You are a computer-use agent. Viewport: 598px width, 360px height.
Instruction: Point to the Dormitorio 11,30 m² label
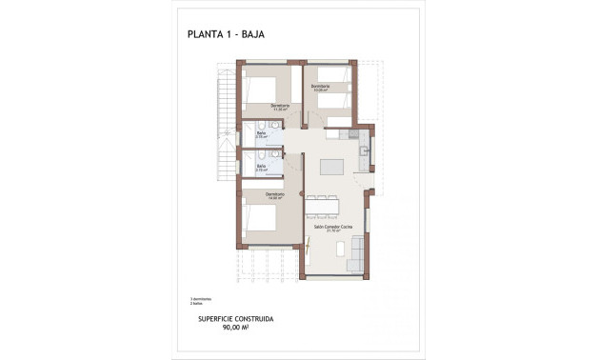(x=279, y=106)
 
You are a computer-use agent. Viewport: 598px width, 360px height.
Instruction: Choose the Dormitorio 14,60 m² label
(x=274, y=196)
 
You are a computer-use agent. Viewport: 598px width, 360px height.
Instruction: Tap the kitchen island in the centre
(x=332, y=166)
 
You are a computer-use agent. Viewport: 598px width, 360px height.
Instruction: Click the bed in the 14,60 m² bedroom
(x=260, y=219)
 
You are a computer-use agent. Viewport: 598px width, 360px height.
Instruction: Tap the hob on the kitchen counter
(x=363, y=137)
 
